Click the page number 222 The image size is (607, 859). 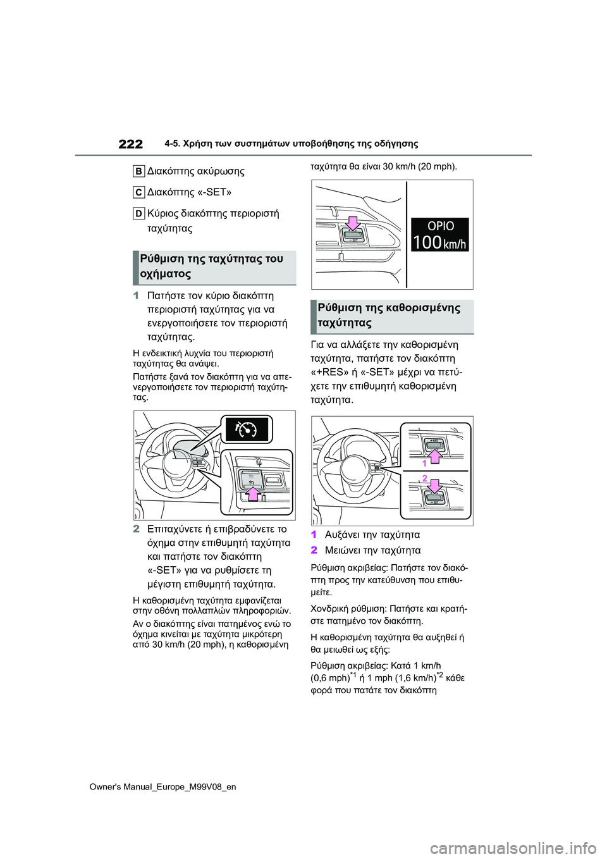[131, 144]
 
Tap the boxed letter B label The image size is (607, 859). [138, 171]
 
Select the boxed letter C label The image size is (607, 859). [138, 192]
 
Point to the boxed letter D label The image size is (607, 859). [138, 214]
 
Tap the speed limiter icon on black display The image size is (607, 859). [247, 429]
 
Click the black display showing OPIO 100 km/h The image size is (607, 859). [440, 235]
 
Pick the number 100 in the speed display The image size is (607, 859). [427, 242]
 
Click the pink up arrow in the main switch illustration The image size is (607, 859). [253, 491]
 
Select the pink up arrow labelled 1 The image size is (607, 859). [435, 455]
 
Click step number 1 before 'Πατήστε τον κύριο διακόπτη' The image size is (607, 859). [137, 295]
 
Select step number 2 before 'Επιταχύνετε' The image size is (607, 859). [137, 529]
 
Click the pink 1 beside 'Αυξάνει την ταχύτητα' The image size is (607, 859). [314, 535]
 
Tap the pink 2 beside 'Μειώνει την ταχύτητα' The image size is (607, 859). [314, 550]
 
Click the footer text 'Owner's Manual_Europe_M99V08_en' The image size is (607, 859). [162, 787]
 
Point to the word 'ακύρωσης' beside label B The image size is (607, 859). [221, 171]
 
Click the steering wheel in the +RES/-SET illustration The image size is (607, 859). [355, 467]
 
